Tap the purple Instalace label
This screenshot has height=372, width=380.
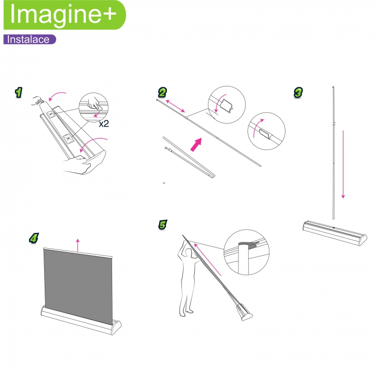click(29, 39)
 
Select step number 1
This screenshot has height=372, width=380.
click(19, 93)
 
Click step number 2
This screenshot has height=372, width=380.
click(162, 93)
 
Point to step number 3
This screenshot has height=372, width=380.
click(298, 93)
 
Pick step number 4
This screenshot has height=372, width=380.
click(34, 238)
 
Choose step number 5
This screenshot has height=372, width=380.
click(162, 224)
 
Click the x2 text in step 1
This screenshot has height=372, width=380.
click(104, 124)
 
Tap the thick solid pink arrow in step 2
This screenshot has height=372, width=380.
click(196, 145)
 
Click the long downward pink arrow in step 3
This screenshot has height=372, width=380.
click(343, 165)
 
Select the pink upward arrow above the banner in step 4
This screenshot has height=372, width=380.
click(77, 245)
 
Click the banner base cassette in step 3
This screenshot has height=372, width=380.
click(335, 233)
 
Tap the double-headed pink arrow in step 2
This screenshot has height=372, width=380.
click(175, 106)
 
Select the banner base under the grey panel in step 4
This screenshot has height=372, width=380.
click(81, 320)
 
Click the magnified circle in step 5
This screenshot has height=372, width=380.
click(247, 252)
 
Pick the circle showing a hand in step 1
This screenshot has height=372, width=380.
click(94, 107)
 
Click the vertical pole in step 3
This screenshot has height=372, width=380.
click(334, 153)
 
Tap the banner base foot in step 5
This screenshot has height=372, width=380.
click(244, 312)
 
